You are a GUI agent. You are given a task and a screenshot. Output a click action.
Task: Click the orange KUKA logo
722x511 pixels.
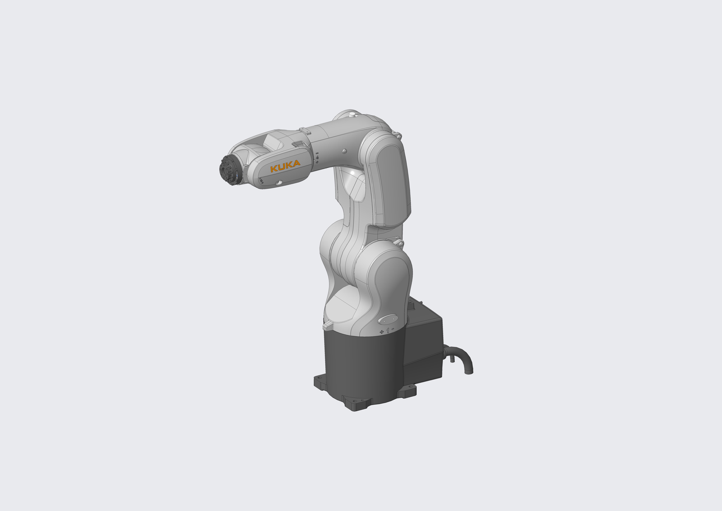[285, 166]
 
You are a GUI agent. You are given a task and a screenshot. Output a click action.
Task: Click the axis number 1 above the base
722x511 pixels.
[388, 330]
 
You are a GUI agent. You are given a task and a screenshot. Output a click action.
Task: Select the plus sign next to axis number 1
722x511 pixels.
[382, 332]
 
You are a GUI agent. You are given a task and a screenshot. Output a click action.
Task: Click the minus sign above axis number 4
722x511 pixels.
[317, 153]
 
